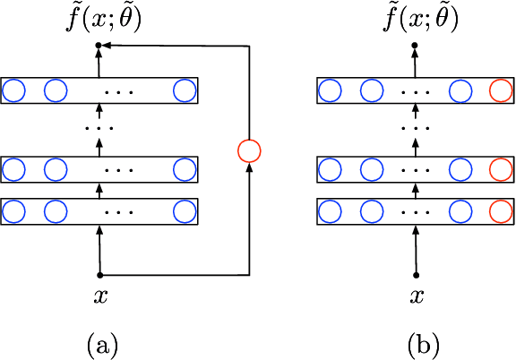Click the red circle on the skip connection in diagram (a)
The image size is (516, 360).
pyautogui.click(x=248, y=150)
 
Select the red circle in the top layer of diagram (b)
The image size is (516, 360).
pyautogui.click(x=501, y=90)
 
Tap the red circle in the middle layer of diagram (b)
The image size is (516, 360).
pyautogui.click(x=501, y=167)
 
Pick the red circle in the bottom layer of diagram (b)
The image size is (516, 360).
pyautogui.click(x=501, y=210)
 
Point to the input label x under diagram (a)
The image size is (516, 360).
pyautogui.click(x=99, y=295)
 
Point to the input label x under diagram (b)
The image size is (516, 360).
pyautogui.click(x=415, y=295)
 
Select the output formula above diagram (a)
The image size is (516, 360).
pyautogui.click(x=99, y=18)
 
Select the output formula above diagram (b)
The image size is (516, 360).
pyautogui.click(x=415, y=18)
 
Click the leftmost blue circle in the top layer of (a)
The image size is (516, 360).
pyautogui.click(x=14, y=90)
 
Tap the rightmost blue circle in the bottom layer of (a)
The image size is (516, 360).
pyautogui.click(x=185, y=210)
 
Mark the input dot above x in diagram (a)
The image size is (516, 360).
pyautogui.click(x=99, y=274)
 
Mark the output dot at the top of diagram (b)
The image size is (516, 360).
pyautogui.click(x=415, y=44)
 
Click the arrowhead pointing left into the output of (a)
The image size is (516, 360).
pyautogui.click(x=110, y=44)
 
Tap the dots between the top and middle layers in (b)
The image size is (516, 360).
pyautogui.click(x=415, y=129)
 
